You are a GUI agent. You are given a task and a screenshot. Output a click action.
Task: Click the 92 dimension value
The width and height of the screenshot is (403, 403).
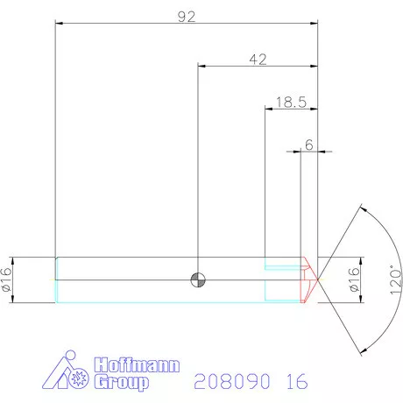186,16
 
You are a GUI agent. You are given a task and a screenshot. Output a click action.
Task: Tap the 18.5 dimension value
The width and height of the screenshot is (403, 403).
290,102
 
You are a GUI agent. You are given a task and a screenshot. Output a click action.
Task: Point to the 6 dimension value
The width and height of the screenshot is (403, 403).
308,143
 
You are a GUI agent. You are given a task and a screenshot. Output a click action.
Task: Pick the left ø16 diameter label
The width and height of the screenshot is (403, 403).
7,279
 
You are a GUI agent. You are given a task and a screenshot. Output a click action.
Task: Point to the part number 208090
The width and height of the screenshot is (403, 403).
229,382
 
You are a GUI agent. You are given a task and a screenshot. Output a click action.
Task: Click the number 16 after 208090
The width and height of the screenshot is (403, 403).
296,382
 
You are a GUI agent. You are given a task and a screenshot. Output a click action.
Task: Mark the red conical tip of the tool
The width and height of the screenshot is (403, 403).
309,280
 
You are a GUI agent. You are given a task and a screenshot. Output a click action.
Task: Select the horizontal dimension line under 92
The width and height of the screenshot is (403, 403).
186,25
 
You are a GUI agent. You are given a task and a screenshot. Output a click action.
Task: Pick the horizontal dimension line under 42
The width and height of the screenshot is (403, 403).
258,66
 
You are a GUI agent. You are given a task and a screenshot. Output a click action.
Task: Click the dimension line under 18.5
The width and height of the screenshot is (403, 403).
291,110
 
